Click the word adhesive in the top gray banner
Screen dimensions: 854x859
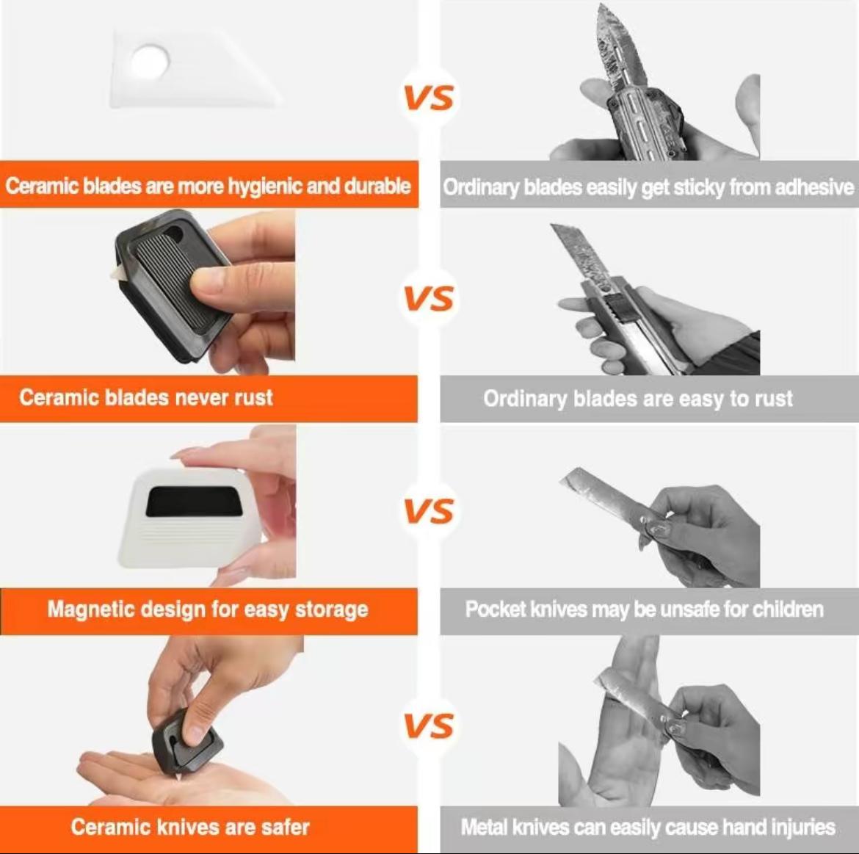[814, 187]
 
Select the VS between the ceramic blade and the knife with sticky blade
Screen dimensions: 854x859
[429, 97]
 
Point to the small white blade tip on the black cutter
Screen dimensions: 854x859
[117, 273]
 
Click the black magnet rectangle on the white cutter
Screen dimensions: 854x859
[194, 502]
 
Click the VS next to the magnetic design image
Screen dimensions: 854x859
[429, 511]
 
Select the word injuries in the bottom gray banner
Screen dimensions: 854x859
[802, 828]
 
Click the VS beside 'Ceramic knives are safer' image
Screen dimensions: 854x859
[429, 725]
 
